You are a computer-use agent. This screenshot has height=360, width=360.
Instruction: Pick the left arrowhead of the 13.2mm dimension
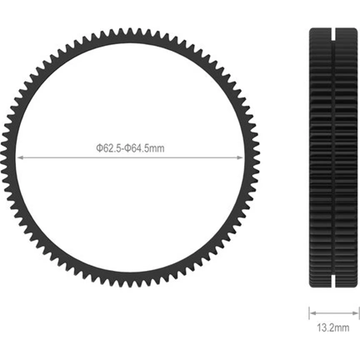(312, 314)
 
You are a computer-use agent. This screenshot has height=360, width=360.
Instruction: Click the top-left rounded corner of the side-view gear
(312, 31)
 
